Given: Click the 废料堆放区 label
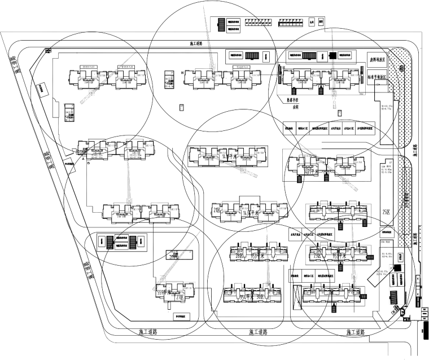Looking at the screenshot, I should point(377,59).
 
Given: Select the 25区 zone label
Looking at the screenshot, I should point(386,212).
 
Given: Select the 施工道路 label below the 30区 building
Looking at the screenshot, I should point(259,332).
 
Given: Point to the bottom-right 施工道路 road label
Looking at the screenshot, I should point(356,332).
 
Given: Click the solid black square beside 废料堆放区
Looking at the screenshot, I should point(332,55).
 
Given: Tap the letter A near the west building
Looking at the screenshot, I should point(83,160).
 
